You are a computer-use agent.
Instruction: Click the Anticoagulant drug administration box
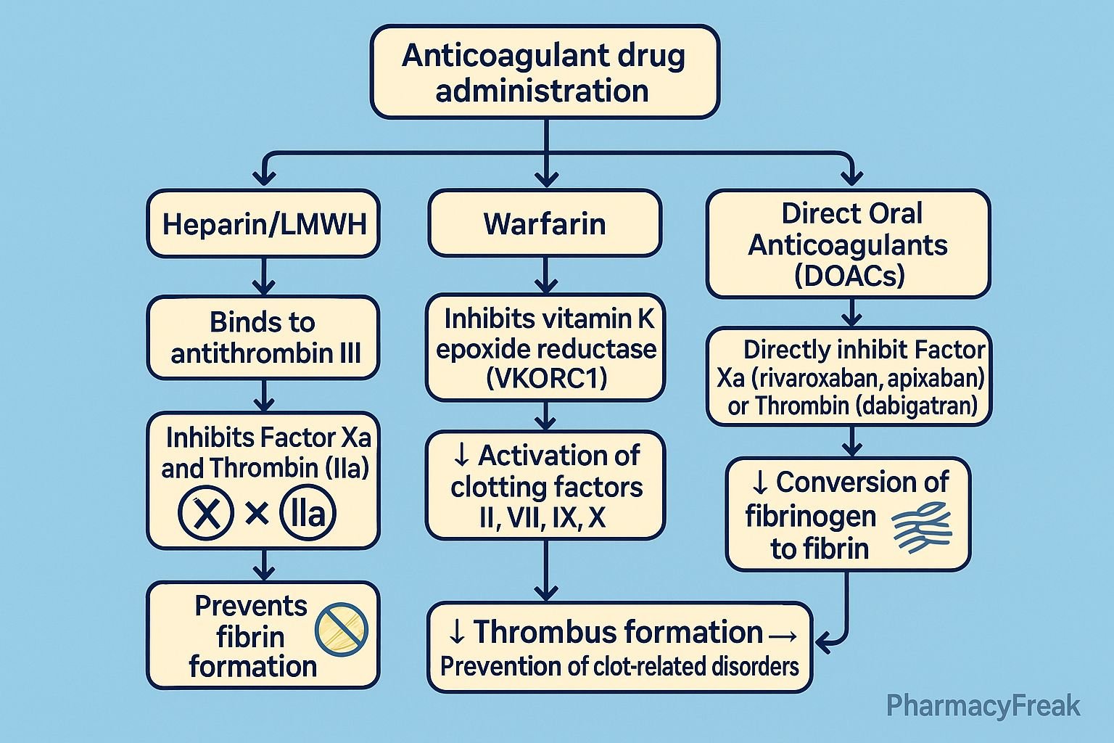coord(545,73)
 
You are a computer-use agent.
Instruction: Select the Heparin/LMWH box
coord(263,224)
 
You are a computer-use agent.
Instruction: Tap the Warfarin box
coord(545,223)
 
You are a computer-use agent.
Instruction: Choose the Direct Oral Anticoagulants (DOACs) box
coord(848,245)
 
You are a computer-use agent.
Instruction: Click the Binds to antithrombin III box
coord(263,337)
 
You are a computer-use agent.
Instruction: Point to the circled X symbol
coord(207,514)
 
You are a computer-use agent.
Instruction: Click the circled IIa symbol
coord(308,514)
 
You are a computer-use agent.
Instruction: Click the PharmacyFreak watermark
coord(983,706)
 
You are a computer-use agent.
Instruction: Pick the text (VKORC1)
coord(545,379)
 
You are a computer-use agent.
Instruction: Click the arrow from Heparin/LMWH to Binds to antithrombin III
coord(263,276)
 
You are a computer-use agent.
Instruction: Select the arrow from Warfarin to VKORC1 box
coord(545,276)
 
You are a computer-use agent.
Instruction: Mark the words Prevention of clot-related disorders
coord(619,666)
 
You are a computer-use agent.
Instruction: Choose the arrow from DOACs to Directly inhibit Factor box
coord(852,313)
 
